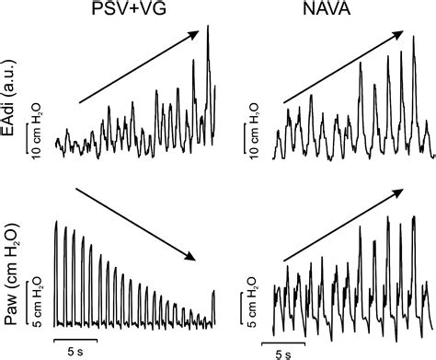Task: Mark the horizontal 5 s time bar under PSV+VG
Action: click(76, 337)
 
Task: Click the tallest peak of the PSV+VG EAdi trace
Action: click(208, 28)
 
